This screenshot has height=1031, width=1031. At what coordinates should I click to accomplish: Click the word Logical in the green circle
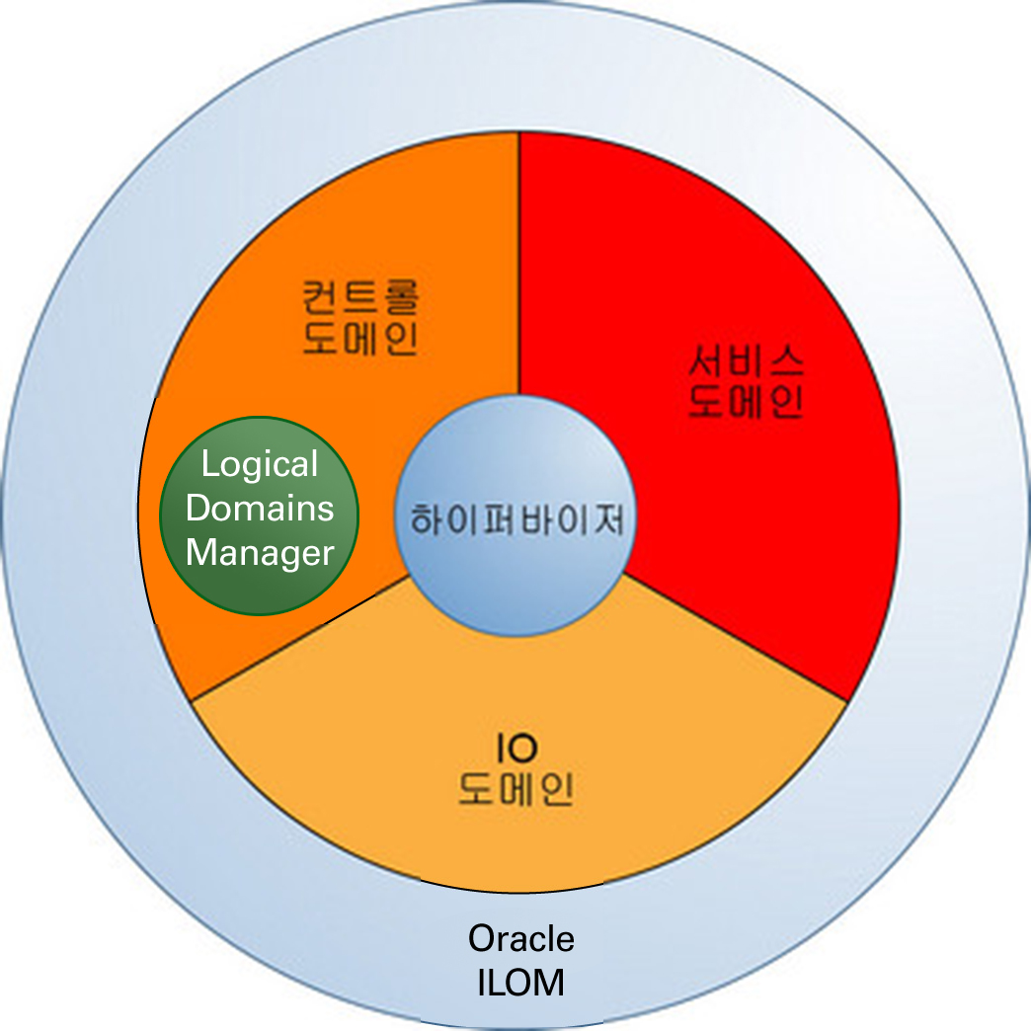click(x=259, y=465)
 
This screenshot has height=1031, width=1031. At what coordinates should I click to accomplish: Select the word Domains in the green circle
click(x=260, y=510)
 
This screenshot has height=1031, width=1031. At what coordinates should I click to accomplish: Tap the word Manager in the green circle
click(x=260, y=553)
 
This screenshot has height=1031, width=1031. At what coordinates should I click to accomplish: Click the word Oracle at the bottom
click(x=520, y=938)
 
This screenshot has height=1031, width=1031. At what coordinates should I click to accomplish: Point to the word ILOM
click(x=520, y=984)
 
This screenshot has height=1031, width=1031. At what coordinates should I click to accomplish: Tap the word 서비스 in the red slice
click(x=747, y=362)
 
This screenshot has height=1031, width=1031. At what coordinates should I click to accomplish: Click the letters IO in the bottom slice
click(x=515, y=749)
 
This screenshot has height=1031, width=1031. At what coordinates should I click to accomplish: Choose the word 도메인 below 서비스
click(x=747, y=404)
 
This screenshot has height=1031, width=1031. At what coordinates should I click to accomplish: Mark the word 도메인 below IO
click(x=515, y=791)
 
